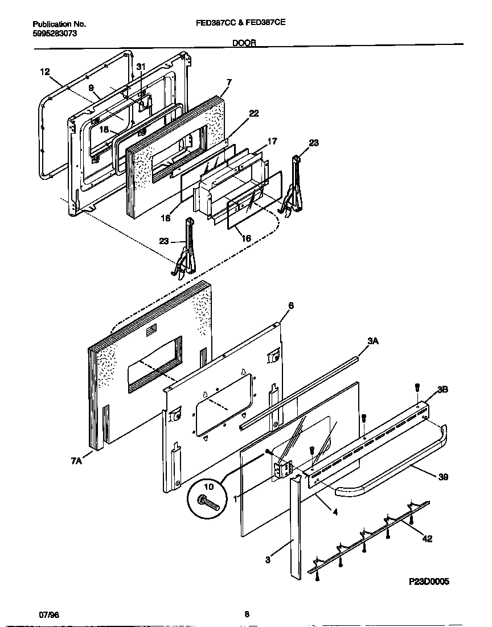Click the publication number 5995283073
click(55, 34)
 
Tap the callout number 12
click(45, 72)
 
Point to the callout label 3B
click(442, 390)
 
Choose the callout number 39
click(442, 477)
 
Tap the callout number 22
click(253, 114)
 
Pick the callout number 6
click(290, 306)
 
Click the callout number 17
click(272, 141)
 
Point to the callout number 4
click(335, 511)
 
